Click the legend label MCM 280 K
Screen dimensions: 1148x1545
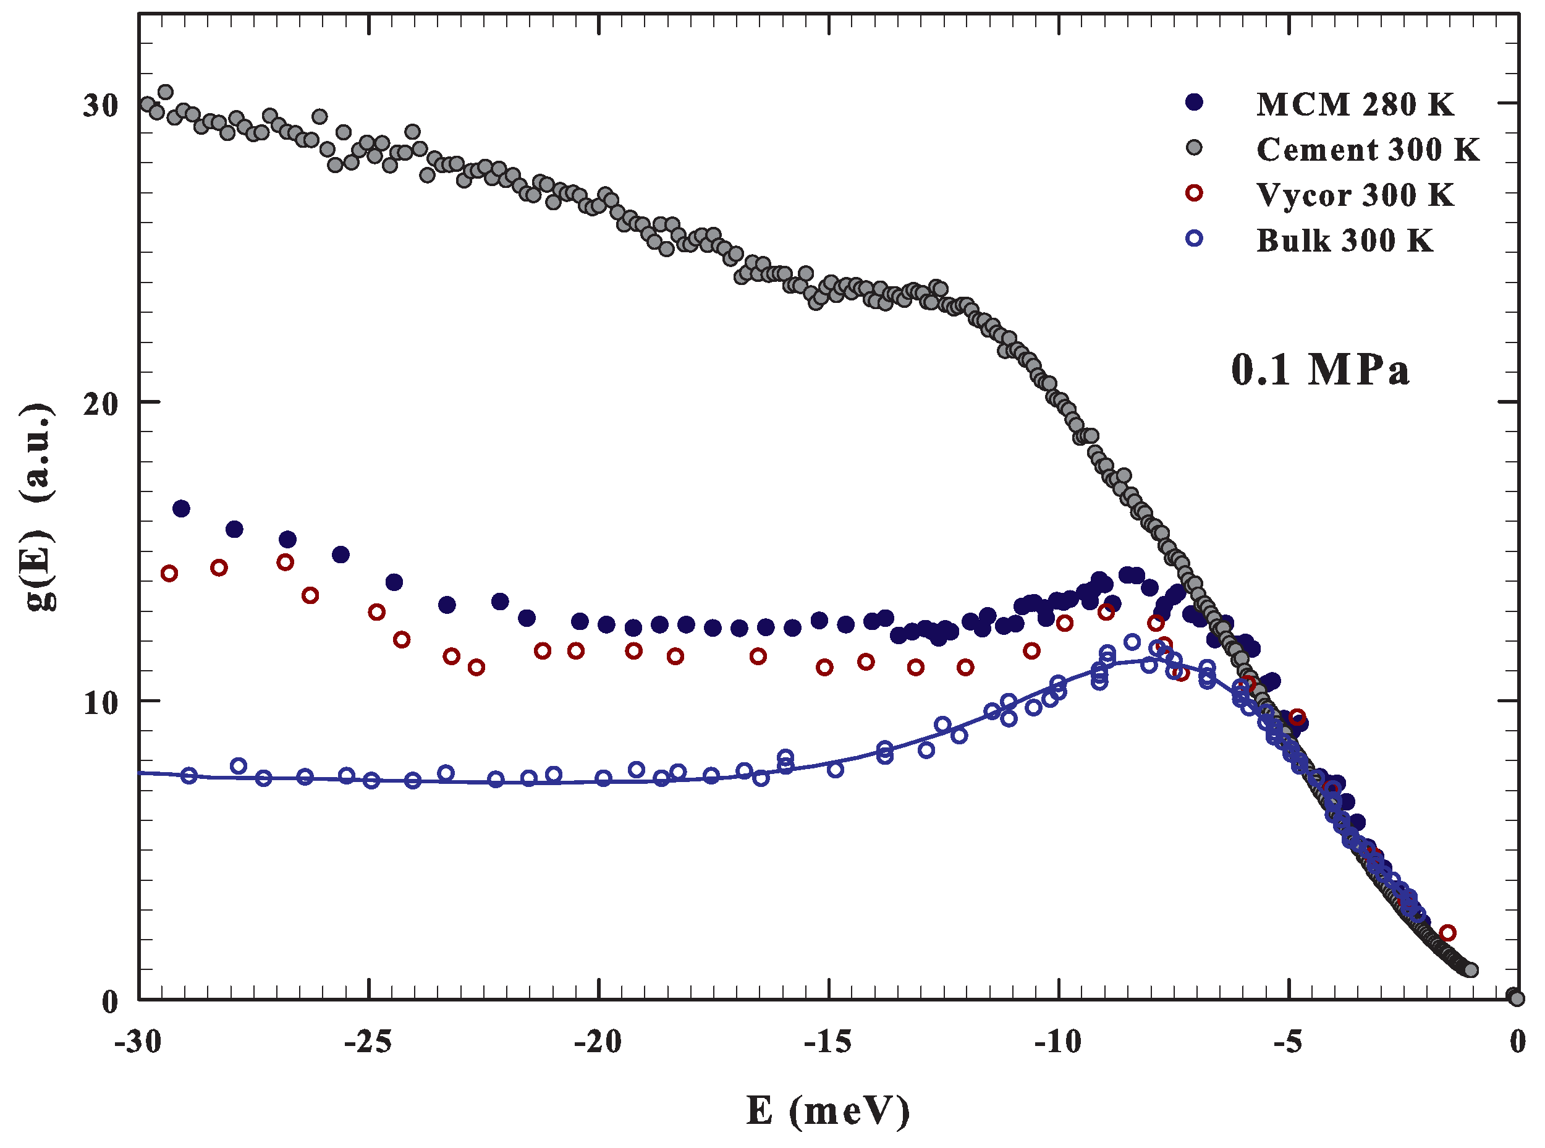pos(1355,104)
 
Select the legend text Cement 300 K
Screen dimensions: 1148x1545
pos(1367,150)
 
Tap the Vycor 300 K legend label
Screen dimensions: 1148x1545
pos(1355,195)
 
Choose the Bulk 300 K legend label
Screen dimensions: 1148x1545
pos(1344,240)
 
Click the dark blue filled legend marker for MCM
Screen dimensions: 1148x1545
pos(1193,102)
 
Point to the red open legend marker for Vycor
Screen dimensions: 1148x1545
pos(1193,193)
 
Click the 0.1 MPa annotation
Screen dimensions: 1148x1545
pos(1320,369)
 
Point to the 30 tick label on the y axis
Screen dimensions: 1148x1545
pos(101,105)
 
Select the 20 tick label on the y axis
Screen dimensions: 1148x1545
pos(101,404)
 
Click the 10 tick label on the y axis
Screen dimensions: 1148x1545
pos(101,702)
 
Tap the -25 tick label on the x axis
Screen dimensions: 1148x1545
pos(368,1042)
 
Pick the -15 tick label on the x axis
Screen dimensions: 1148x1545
pos(828,1042)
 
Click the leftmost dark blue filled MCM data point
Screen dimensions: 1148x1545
pos(180,509)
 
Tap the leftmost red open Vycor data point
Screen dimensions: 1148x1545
pos(169,573)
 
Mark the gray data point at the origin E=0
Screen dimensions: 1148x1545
pos(1516,998)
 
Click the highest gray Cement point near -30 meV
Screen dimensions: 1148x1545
pos(166,91)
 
